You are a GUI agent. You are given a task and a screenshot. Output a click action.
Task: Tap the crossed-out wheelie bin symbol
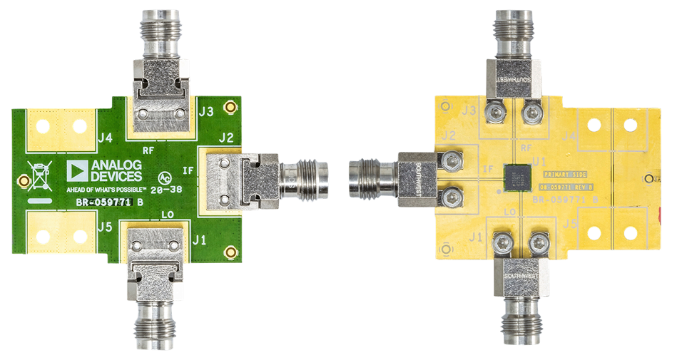click(x=38, y=175)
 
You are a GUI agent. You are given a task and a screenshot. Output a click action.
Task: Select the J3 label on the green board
click(x=206, y=111)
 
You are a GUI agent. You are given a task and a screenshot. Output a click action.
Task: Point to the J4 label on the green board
click(x=106, y=138)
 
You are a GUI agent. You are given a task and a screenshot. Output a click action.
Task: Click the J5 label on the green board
click(x=106, y=228)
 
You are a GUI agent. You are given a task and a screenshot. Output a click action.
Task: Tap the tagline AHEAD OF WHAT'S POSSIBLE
click(x=106, y=190)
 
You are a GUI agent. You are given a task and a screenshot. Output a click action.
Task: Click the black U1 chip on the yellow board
click(x=516, y=178)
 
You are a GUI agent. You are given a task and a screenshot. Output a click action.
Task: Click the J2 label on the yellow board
click(x=449, y=135)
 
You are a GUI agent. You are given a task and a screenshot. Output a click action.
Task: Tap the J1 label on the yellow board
click(x=478, y=236)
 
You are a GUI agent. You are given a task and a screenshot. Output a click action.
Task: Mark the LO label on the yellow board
click(x=510, y=212)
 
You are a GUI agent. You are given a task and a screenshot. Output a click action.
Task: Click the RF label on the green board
click(x=149, y=150)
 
